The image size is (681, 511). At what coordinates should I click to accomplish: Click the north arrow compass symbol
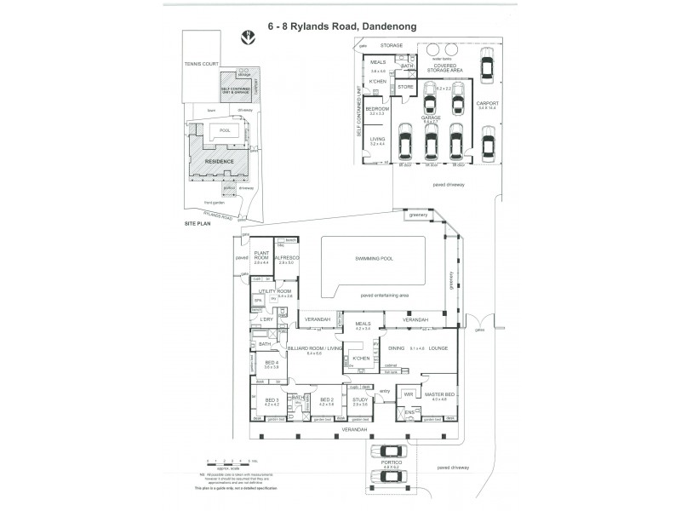point(248,38)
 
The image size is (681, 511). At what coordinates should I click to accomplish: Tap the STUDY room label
point(359,399)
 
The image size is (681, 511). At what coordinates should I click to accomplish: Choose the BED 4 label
point(272,363)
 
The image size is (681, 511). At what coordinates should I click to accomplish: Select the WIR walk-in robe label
point(409,394)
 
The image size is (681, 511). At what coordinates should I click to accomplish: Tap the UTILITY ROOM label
point(280,291)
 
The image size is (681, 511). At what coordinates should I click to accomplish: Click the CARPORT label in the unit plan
point(487,105)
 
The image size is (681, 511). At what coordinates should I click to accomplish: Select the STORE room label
point(405,86)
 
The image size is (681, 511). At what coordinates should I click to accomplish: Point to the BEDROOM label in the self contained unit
point(377,109)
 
